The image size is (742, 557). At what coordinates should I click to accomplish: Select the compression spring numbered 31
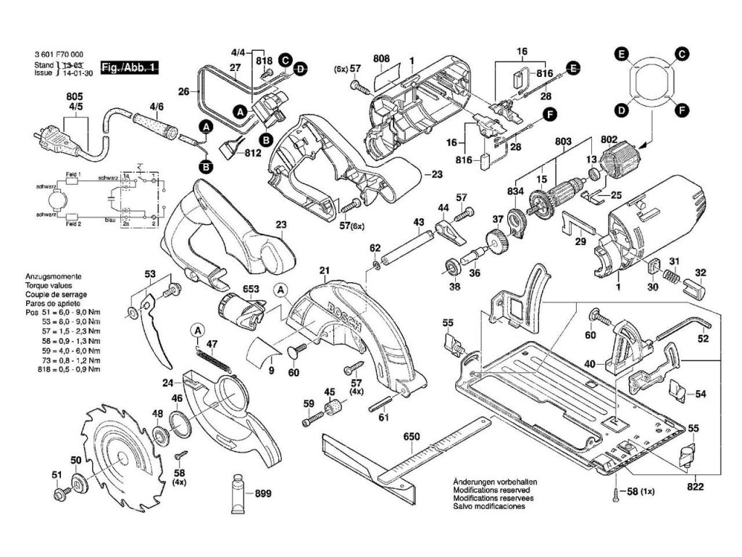pyautogui.click(x=671, y=275)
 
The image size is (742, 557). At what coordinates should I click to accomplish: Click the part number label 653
pyautogui.click(x=251, y=289)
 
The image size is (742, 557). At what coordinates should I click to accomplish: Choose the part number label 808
pyautogui.click(x=382, y=57)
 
